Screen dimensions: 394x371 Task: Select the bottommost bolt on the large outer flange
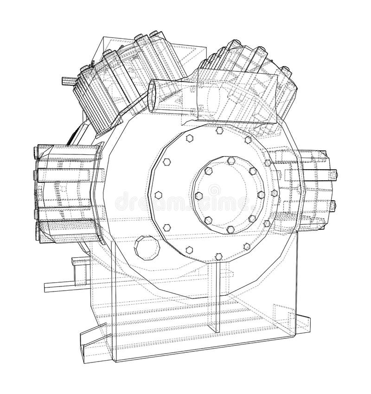(x=218, y=256)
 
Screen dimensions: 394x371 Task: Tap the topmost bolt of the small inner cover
(x=230, y=160)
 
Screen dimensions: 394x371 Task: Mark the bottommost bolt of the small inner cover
(x=230, y=229)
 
